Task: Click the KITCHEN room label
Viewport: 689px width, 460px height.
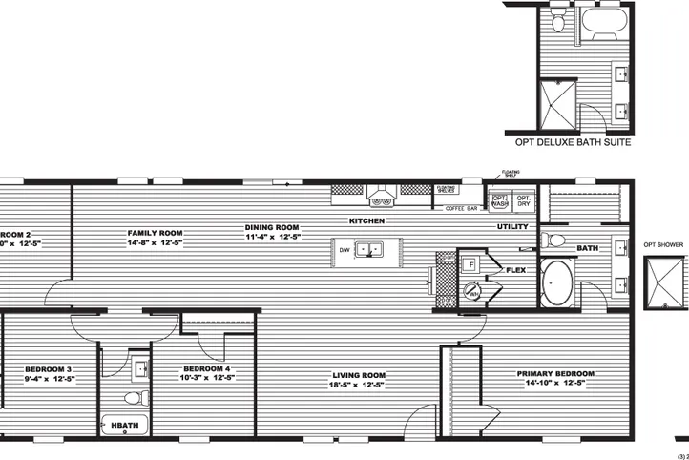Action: tap(366, 220)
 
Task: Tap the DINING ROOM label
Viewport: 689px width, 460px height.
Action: tap(273, 228)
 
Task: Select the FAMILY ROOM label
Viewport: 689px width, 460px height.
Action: tap(156, 232)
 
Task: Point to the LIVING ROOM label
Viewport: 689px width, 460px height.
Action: tap(359, 374)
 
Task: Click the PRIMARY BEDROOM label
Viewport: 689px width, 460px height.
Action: tap(555, 374)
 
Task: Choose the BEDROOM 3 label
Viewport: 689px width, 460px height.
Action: tap(49, 368)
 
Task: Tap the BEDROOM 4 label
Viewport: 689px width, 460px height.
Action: tap(206, 368)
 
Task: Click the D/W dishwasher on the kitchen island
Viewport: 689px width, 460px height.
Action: tap(344, 250)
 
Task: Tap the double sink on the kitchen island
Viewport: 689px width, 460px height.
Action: tap(369, 250)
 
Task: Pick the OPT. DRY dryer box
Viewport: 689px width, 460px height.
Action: tap(524, 200)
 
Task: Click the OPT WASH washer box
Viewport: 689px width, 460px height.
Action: tap(500, 200)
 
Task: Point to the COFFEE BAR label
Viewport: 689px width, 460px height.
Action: tap(461, 209)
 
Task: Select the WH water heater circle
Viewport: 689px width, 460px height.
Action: tap(471, 292)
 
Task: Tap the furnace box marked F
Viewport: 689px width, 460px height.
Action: tap(470, 262)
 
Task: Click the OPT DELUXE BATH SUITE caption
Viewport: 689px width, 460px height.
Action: tap(570, 142)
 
